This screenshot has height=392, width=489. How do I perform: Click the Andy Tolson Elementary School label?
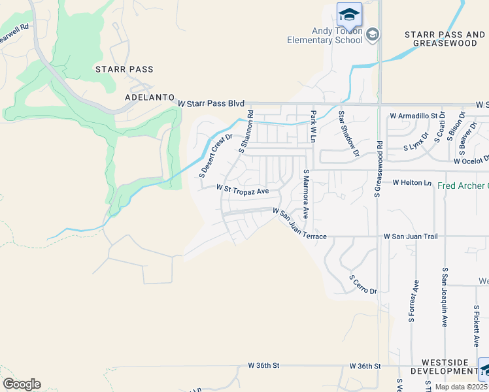pyautogui.click(x=325, y=35)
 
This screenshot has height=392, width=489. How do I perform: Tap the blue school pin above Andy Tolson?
pyautogui.click(x=349, y=14)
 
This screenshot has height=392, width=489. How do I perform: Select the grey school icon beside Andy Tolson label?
pyautogui.click(x=372, y=34)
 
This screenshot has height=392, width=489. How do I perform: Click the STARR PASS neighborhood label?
pyautogui.click(x=124, y=69)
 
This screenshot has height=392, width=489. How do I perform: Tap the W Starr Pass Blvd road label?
pyautogui.click(x=211, y=103)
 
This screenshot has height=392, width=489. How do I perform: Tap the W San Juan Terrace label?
pyautogui.click(x=299, y=225)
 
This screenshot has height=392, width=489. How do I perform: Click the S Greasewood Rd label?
pyautogui.click(x=378, y=168)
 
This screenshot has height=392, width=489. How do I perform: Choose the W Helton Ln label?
pyautogui.click(x=412, y=183)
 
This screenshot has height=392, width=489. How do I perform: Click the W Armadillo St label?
pyautogui.click(x=413, y=115)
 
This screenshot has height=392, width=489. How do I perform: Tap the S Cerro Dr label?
pyautogui.click(x=363, y=285)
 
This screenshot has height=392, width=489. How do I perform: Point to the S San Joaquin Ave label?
pyautogui.click(x=445, y=297)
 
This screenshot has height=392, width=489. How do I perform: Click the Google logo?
pyautogui.click(x=22, y=384)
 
